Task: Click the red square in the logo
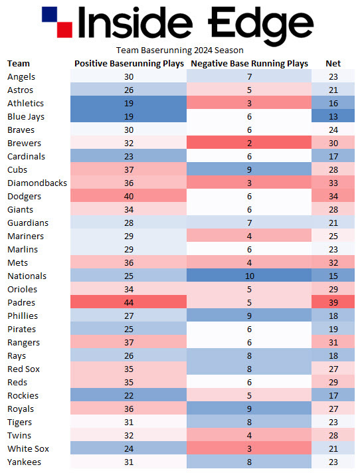click(x=64, y=29)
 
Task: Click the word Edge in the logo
click(x=260, y=23)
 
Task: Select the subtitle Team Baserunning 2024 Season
click(x=180, y=50)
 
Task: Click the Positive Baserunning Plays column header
click(x=129, y=64)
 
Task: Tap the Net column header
click(x=333, y=64)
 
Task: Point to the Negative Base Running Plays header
click(x=249, y=64)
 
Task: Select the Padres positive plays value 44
click(x=129, y=303)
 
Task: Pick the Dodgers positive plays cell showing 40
click(x=129, y=197)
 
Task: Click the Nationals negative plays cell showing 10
click(x=249, y=276)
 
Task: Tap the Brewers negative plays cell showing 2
click(x=249, y=143)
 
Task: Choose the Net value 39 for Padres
click(x=333, y=303)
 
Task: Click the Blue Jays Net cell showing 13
click(x=333, y=117)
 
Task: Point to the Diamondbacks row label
click(x=37, y=183)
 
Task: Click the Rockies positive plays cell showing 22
click(x=129, y=396)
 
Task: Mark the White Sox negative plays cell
click(x=249, y=449)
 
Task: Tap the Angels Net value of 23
click(x=333, y=77)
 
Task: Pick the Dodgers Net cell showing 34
click(x=333, y=197)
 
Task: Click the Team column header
click(x=19, y=64)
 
